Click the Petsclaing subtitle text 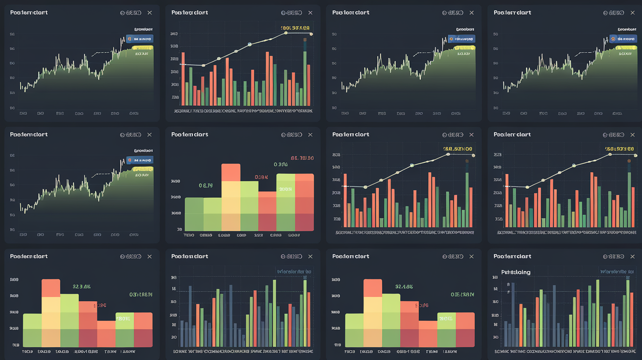(516, 272)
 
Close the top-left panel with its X (150, 13)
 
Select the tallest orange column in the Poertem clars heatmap (231, 172)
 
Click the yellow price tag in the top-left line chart (142, 48)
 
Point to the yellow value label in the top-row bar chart (295, 28)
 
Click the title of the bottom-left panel (29, 256)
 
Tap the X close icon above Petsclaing (633, 256)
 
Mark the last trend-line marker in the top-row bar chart (311, 34)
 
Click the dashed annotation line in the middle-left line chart (101, 174)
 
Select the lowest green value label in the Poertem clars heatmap (206, 185)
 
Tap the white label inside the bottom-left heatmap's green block (123, 318)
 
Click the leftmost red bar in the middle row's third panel (345, 200)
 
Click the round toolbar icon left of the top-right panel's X (607, 13)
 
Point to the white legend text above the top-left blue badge (143, 29)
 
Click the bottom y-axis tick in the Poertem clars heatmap (180, 229)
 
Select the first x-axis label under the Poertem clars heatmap (189, 235)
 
